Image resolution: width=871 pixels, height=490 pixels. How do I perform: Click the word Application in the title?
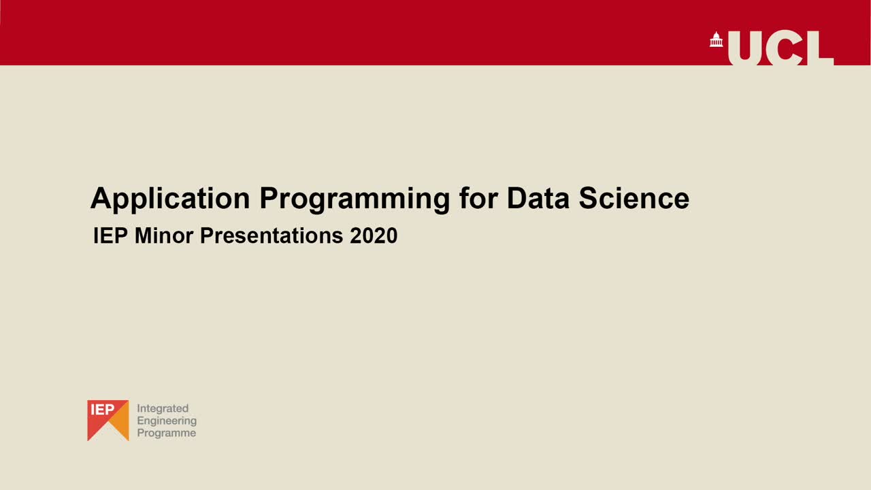point(170,199)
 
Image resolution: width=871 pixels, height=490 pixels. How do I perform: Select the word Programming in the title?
point(354,199)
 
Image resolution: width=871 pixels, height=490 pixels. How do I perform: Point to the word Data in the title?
point(538,199)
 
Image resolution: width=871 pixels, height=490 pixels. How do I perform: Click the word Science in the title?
point(634,199)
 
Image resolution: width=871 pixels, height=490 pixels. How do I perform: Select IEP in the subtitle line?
point(111,236)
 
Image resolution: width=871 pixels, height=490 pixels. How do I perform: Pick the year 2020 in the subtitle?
point(374,236)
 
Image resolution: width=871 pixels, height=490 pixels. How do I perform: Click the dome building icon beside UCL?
point(716,40)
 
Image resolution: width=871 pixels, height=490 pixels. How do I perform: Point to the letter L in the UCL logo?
point(822,49)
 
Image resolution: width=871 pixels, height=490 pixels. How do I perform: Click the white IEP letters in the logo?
point(103,410)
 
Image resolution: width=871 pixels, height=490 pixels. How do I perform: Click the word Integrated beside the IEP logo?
point(163,408)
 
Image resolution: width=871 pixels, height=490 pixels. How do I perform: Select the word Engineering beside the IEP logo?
point(167,421)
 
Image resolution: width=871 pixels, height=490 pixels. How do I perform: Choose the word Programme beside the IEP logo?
point(167,433)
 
